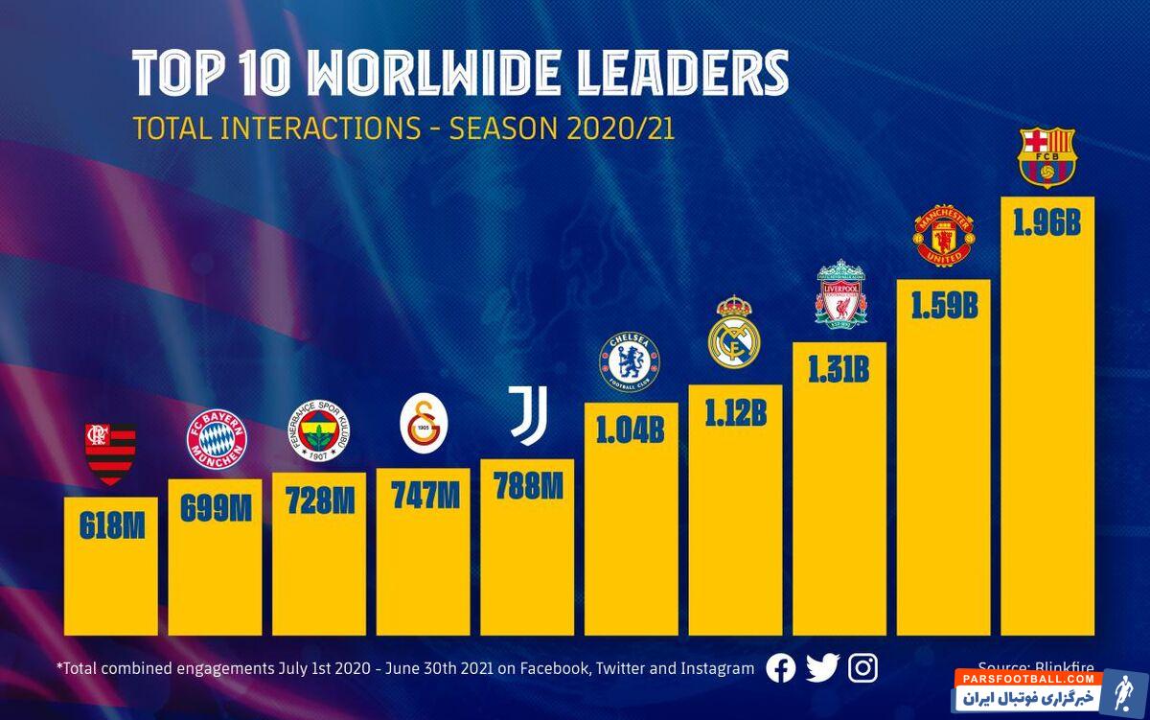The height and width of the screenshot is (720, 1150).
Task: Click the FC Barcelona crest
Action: [1046, 157]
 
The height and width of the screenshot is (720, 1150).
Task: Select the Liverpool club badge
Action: [840, 292]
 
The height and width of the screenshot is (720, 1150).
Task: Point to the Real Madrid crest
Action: [734, 333]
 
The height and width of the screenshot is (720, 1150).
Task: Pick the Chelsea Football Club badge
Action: [630, 360]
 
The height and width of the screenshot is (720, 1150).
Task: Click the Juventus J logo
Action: [526, 416]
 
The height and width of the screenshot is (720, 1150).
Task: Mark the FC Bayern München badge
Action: [216, 439]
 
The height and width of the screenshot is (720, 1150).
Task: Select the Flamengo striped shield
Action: [111, 452]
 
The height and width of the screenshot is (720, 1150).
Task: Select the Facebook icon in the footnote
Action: [781, 668]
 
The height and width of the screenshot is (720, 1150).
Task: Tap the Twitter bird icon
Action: [822, 668]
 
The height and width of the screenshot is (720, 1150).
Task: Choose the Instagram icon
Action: [862, 668]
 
